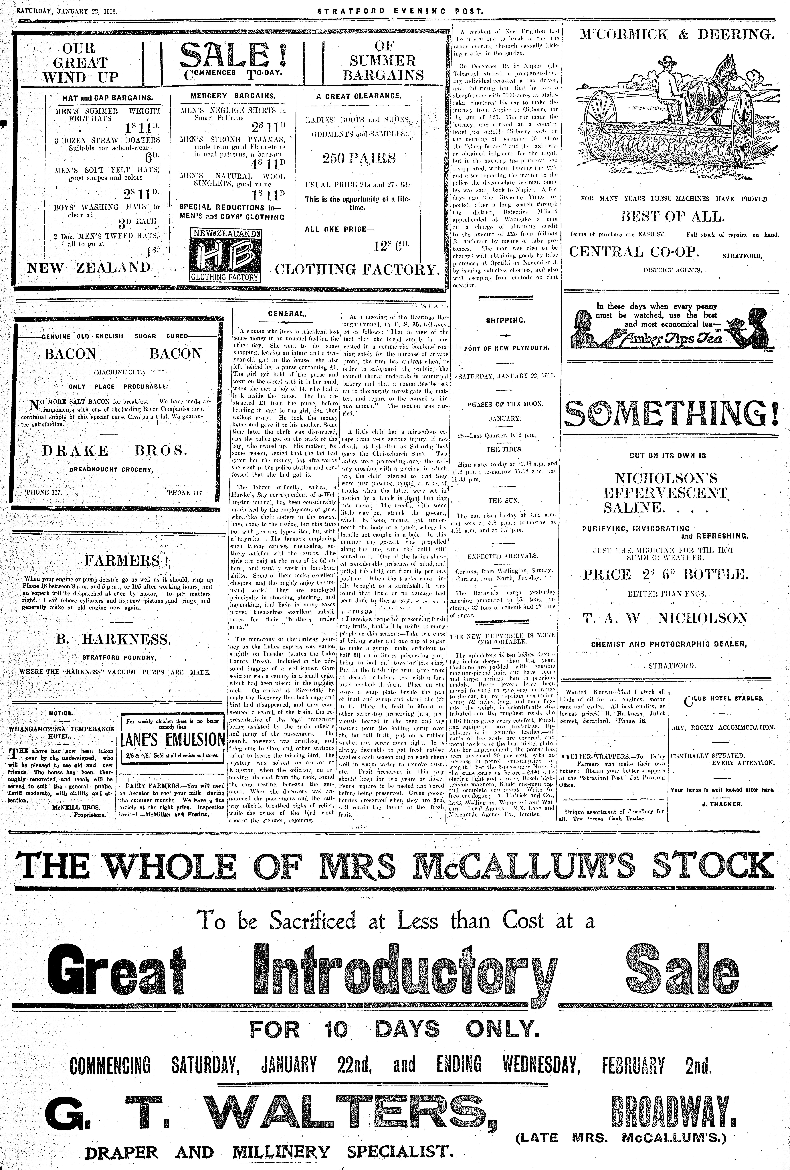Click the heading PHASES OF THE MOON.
(x=505, y=404)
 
